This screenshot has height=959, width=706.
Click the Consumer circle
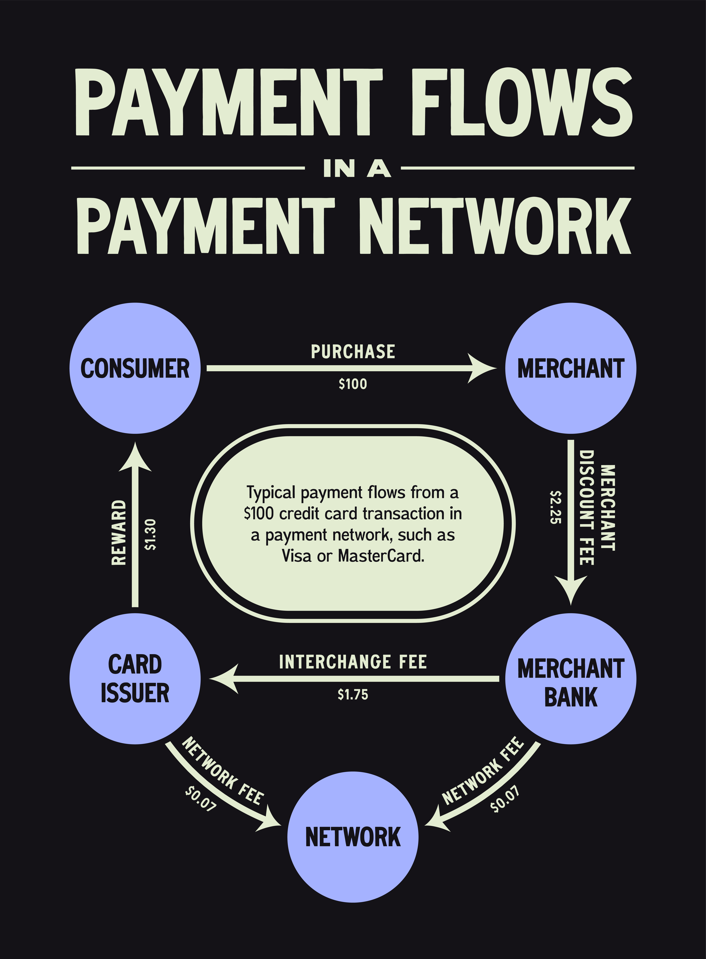pos(135,368)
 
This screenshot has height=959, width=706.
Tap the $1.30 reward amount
pos(150,534)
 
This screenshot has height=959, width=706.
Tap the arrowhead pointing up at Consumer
pos(135,457)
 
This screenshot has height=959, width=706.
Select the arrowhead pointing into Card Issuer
pos(224,679)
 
